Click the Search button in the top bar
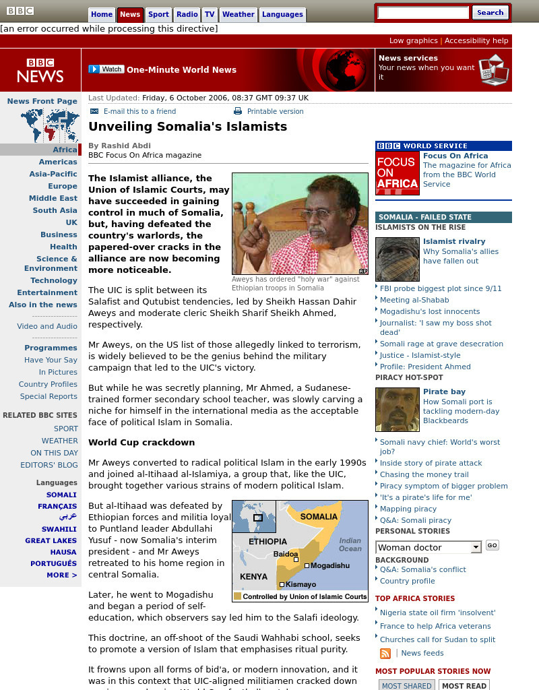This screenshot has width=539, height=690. pos(490,12)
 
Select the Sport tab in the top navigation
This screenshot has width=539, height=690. pos(158,14)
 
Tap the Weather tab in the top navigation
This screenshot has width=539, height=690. pos(238,14)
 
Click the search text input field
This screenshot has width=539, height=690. pos(422,13)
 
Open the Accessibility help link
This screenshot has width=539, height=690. pos(476,40)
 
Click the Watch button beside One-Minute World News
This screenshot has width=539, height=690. pos(106,69)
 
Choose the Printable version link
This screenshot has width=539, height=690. pos(275,111)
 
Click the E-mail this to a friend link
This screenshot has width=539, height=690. pos(139,111)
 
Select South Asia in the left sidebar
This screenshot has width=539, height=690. pos(55,210)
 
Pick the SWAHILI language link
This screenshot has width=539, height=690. pos(59,529)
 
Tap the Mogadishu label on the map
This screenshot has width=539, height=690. pos(329,565)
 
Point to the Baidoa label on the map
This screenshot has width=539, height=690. pos(286,554)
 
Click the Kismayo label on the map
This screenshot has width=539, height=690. pos(300,584)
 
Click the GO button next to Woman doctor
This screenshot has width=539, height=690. pos(492,545)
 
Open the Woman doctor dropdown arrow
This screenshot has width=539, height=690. pos(476,547)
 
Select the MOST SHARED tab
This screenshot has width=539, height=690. pos(406,685)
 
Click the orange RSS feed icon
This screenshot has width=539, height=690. pos(385,653)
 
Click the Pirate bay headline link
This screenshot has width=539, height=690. pos(444,391)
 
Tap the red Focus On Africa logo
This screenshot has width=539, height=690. pos(397,173)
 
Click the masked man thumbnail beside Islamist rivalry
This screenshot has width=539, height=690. pos(397,259)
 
